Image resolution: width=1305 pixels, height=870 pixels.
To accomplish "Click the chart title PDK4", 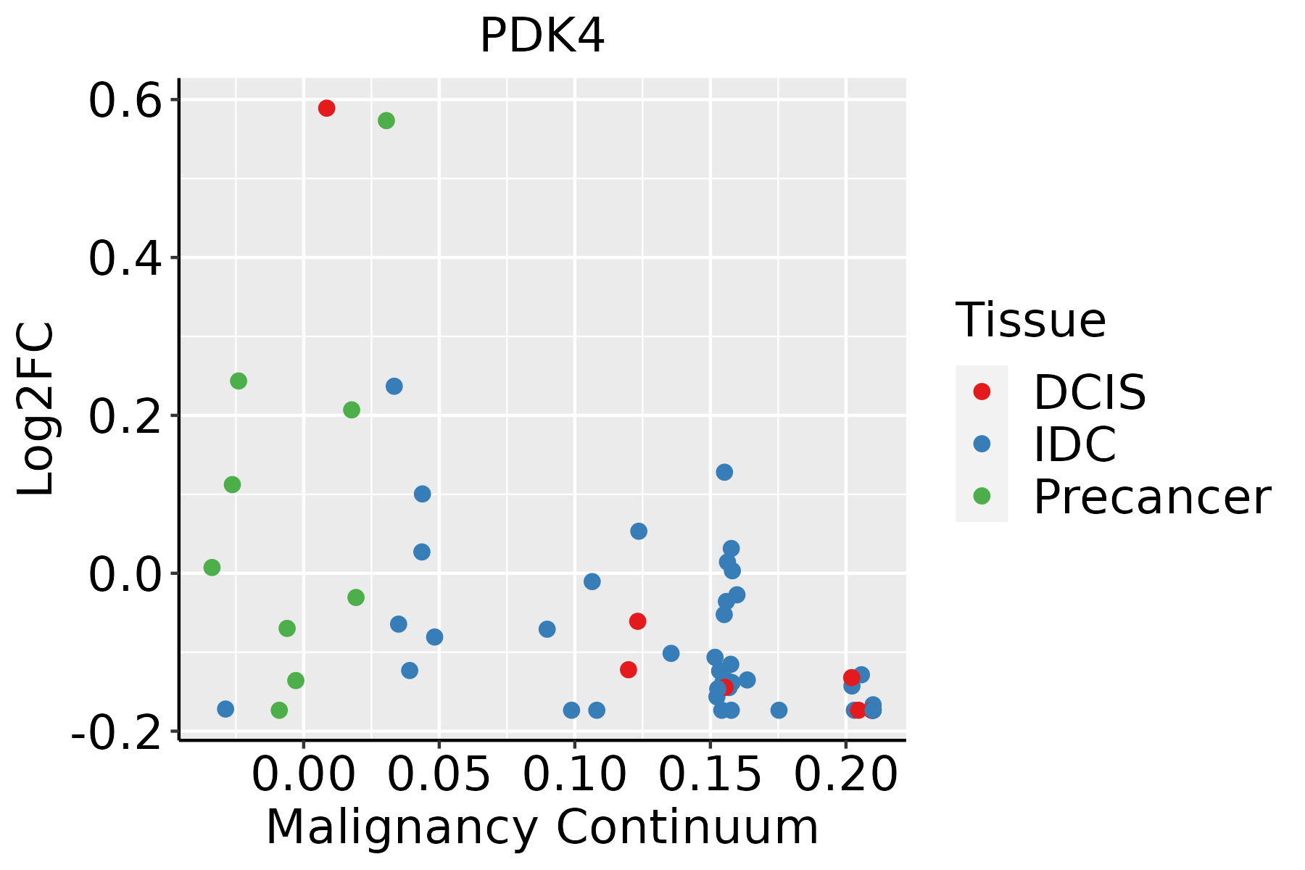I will coord(542,36).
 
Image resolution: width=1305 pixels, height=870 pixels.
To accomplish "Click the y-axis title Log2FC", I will coord(36,410).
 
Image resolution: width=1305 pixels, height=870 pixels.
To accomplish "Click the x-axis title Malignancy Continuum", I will coord(542,828).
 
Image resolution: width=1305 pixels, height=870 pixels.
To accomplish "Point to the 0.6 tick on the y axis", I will coord(124,101).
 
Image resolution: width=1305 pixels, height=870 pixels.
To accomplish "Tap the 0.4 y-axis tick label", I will coord(124,259).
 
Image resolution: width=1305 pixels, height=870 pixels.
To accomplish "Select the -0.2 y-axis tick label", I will coord(116,734).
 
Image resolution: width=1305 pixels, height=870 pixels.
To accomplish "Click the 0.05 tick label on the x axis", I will coord(439,775).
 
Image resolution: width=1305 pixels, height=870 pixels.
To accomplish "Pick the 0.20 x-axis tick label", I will coord(845,775).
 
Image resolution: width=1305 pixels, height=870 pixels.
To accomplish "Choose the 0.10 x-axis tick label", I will coord(574,775).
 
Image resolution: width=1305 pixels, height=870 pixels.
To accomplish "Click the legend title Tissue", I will coord(1030,320).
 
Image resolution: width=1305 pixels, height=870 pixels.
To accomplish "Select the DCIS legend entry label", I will coord(1089,392).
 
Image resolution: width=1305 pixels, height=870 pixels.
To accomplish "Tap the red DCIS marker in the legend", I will coord(982,391).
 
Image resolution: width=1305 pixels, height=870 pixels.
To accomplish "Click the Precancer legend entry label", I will coord(1151,497).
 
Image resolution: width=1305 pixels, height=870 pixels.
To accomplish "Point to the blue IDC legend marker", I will coord(982,444).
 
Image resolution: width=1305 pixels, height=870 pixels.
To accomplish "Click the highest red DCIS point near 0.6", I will coord(326,108).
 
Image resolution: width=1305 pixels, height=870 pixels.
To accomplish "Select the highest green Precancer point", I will coord(386,120).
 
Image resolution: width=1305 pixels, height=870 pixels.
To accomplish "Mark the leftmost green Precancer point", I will coord(212,567).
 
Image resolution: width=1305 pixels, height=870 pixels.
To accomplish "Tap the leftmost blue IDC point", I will coord(225,708).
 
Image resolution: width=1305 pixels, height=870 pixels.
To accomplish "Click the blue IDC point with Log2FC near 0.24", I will coord(394,386).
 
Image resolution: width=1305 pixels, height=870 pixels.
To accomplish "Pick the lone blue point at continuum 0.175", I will coord(779,710).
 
